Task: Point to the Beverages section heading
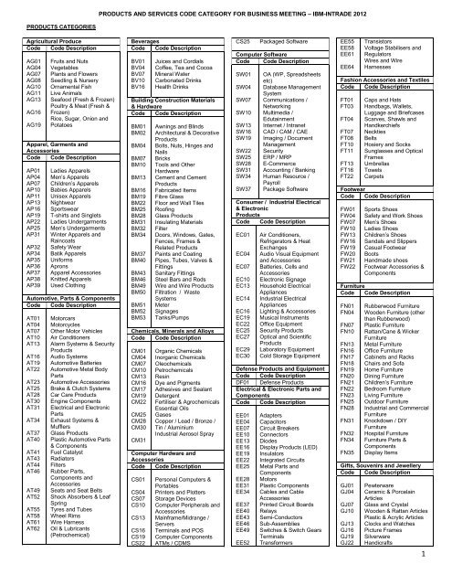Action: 146,42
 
